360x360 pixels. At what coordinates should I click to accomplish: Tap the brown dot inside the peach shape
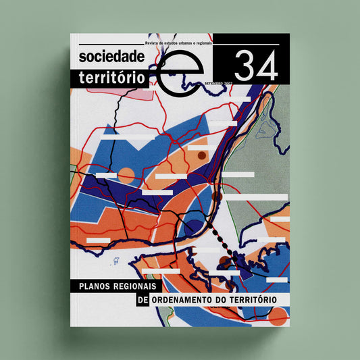point(201,156)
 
